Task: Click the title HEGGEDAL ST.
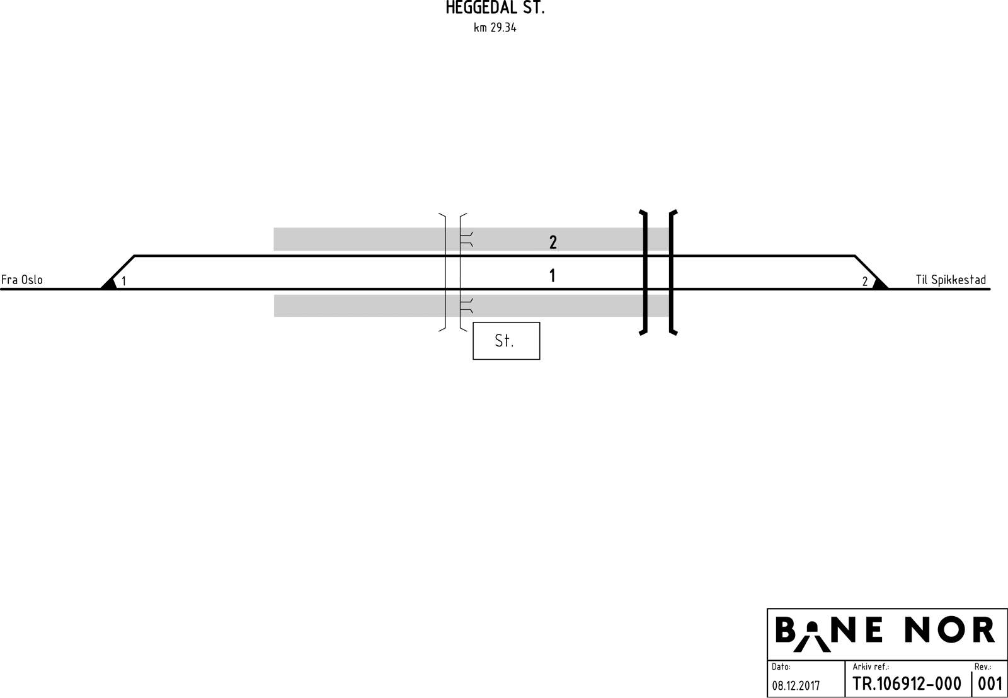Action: click(x=495, y=8)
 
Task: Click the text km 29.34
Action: click(x=495, y=28)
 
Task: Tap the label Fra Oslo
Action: click(x=22, y=280)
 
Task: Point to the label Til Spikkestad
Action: click(x=951, y=280)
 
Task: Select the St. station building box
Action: click(x=507, y=341)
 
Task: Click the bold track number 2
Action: click(x=553, y=243)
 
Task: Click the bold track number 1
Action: click(x=553, y=275)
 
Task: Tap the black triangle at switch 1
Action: click(x=110, y=284)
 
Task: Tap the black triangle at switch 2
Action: click(x=880, y=284)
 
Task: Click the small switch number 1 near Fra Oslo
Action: click(x=123, y=281)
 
